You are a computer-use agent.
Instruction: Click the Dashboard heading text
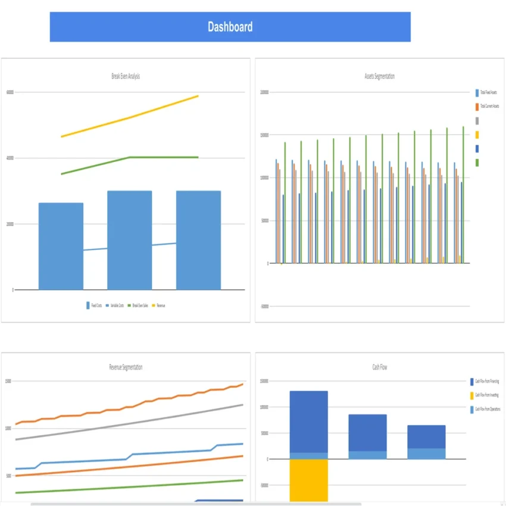(230, 27)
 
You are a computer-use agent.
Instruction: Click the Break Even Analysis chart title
(126, 76)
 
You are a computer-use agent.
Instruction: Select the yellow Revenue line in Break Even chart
(130, 117)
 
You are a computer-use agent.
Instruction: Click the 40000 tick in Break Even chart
(10, 158)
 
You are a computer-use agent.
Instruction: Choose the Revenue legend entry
(159, 305)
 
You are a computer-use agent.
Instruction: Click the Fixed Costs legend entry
(94, 305)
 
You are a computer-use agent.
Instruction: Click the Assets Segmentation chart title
(379, 76)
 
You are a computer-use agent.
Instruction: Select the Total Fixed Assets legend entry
(488, 93)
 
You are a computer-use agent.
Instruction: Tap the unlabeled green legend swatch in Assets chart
(477, 163)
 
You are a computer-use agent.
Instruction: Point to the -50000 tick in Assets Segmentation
(264, 307)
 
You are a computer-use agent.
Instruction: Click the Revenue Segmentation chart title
(126, 367)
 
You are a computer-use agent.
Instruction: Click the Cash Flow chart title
(379, 367)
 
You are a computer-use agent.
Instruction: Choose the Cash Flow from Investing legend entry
(486, 395)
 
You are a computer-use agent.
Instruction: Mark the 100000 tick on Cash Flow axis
(264, 407)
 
